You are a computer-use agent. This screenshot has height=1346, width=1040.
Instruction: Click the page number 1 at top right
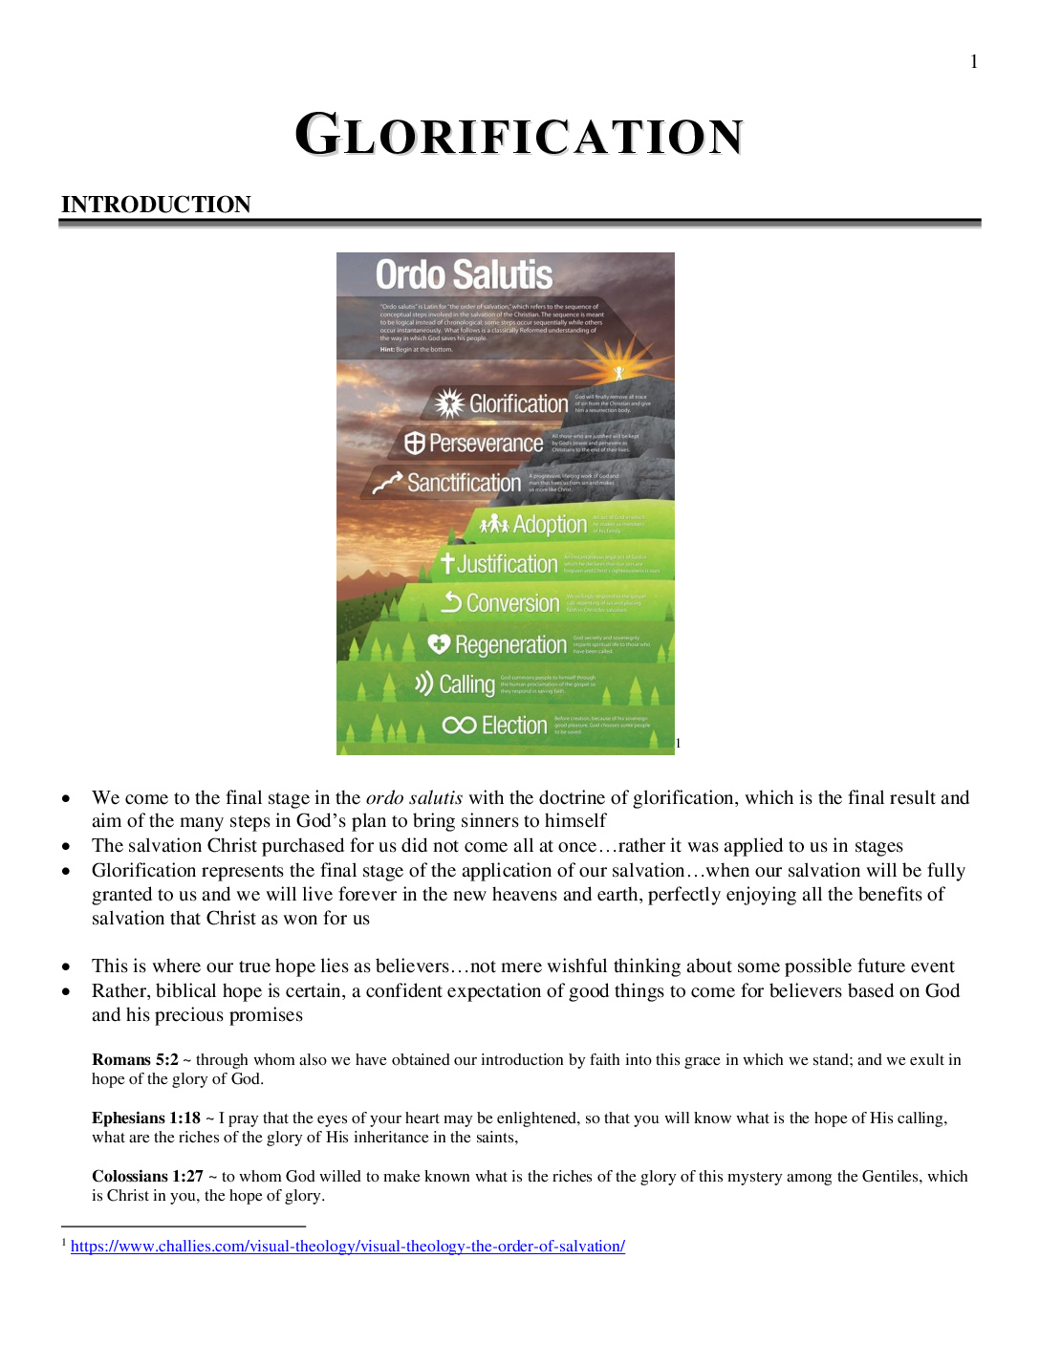(974, 62)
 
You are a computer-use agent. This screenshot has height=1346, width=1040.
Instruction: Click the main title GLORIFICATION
(519, 135)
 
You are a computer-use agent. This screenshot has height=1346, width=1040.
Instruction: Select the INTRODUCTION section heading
(156, 205)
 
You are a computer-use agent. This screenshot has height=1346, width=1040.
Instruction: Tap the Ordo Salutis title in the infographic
(464, 275)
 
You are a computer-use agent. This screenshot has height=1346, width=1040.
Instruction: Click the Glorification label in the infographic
(518, 404)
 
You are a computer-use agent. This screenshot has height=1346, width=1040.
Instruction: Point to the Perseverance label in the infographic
(486, 444)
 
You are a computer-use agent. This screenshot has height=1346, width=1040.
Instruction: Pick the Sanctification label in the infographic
(464, 483)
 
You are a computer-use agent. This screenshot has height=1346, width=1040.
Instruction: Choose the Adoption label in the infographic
(550, 524)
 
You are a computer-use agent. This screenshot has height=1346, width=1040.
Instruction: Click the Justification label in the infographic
(507, 564)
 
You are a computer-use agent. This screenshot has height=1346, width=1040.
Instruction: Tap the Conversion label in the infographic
(512, 603)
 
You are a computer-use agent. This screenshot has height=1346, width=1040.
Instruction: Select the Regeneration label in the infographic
(510, 645)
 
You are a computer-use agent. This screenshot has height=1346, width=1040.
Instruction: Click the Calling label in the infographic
(466, 684)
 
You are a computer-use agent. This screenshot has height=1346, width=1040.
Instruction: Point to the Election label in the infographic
(514, 726)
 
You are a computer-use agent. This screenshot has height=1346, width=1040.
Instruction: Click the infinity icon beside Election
(459, 726)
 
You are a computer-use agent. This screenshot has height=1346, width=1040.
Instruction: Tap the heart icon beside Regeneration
(439, 644)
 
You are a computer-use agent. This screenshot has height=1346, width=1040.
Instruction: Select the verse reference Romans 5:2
(135, 1059)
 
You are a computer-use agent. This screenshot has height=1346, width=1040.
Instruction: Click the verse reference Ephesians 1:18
(146, 1118)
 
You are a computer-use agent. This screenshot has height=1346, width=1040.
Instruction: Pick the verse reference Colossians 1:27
(147, 1176)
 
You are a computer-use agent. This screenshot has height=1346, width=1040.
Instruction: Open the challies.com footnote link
(348, 1246)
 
